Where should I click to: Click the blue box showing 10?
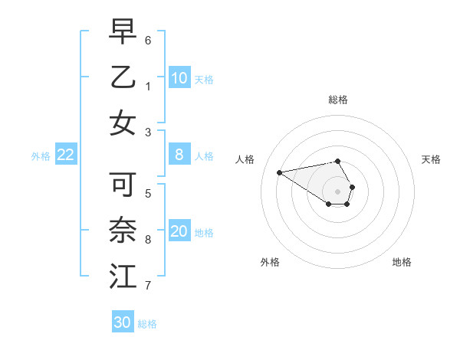(179, 77)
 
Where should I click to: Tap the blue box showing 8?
(179, 155)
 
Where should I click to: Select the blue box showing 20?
(179, 231)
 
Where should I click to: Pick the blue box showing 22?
(66, 155)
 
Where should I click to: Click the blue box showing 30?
(123, 322)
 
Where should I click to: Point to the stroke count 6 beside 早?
(148, 39)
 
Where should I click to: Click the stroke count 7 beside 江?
(148, 286)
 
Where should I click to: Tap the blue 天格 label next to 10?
(204, 79)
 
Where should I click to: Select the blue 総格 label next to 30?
(147, 324)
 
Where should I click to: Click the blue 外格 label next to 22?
(41, 156)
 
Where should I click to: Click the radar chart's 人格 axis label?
(245, 159)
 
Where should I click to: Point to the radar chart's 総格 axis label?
(338, 100)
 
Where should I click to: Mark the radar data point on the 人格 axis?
(279, 172)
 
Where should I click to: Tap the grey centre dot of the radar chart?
(338, 191)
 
